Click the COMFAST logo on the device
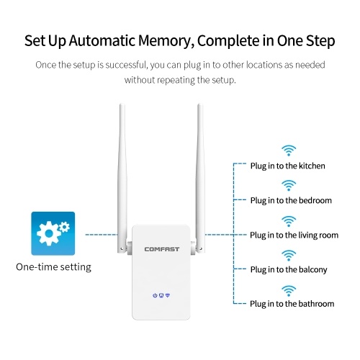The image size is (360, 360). coord(162,249)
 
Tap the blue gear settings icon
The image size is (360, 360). coord(53,233)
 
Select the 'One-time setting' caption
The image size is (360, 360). coord(53,267)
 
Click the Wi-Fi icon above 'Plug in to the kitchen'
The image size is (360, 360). coord(289,150)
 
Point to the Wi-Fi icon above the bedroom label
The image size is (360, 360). coord(289,186)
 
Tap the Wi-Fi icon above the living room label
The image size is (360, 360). coord(289,221)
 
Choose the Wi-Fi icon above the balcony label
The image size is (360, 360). coord(289,256)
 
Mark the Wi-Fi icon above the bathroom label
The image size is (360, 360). coord(289,291)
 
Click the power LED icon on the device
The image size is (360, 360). coord(155,295)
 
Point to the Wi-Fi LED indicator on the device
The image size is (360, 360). coord(168,295)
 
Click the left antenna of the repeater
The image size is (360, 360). coord(122,178)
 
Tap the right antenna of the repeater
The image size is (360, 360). coord(200,178)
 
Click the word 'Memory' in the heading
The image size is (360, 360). coord(166,41)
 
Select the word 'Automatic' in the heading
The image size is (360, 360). coord(102,40)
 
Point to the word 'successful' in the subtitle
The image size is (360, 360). coord(127,65)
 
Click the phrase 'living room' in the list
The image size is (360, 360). coord(315,235)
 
